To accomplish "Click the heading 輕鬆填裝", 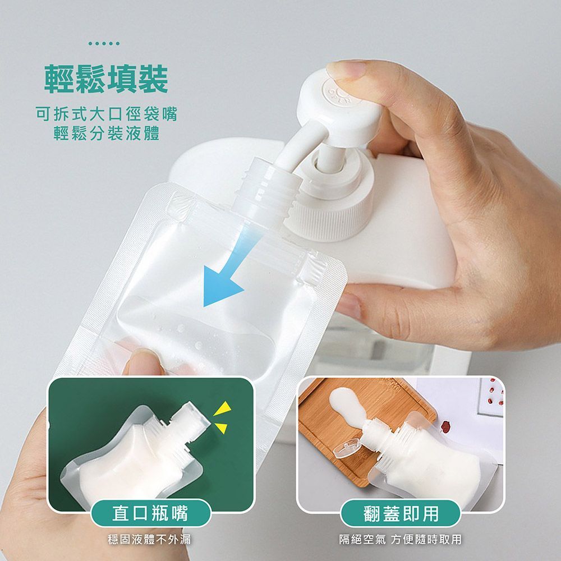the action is point(106,79).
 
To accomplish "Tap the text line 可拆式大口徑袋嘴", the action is point(106,114).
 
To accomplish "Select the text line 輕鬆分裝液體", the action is point(106,134).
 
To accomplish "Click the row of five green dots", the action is point(104,44).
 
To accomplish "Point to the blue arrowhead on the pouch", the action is point(220,286).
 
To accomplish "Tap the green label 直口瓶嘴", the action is point(150,513).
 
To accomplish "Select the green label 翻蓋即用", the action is point(401,513).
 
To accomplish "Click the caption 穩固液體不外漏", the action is point(150,539).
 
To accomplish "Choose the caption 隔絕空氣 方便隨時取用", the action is point(401,539).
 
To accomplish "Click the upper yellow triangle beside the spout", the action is point(223,408).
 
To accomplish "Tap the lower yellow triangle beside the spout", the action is point(221,427).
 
